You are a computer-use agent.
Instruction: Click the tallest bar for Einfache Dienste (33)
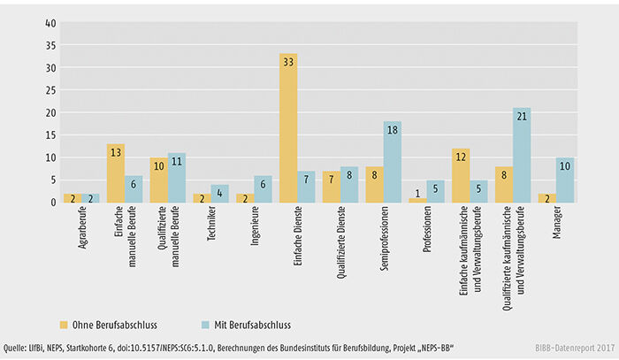pos(287,128)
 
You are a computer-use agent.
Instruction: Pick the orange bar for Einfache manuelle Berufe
pos(116,172)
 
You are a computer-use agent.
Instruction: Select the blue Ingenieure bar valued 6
pos(261,188)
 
